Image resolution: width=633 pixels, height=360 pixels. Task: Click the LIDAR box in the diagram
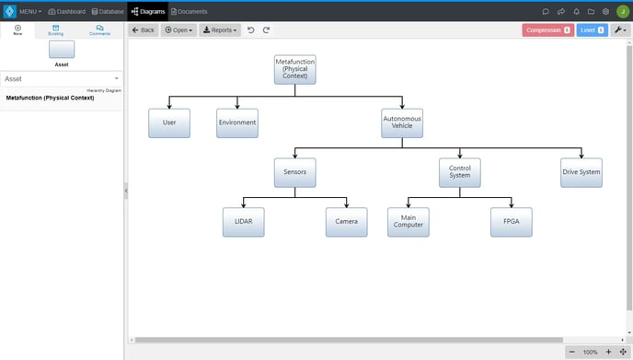click(x=243, y=222)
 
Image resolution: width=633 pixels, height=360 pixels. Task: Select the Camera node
click(x=346, y=222)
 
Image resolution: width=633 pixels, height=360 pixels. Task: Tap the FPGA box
click(x=511, y=222)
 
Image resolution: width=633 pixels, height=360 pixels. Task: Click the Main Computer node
click(x=408, y=222)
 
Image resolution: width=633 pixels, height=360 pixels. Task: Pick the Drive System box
click(x=581, y=172)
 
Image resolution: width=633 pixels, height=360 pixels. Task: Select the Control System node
click(x=459, y=172)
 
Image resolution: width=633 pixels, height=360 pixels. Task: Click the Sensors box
click(x=294, y=172)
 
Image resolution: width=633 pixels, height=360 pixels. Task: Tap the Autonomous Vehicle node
click(x=402, y=122)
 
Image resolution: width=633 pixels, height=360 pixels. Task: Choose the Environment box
click(x=237, y=122)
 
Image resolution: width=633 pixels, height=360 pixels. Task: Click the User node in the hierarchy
click(x=169, y=122)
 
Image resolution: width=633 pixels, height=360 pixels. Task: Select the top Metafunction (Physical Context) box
click(x=295, y=70)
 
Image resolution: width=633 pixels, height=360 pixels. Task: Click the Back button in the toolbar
click(x=143, y=30)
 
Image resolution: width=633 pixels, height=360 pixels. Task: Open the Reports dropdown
click(x=219, y=30)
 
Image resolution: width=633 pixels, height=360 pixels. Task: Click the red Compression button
click(x=547, y=30)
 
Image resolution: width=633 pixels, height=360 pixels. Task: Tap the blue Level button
click(x=592, y=30)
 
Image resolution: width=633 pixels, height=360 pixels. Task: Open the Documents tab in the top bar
click(x=189, y=11)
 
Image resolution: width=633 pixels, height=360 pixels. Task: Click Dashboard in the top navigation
click(x=66, y=11)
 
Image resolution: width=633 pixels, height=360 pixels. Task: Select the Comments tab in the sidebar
click(x=98, y=30)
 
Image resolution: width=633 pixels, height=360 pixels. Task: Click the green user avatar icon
click(x=622, y=11)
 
